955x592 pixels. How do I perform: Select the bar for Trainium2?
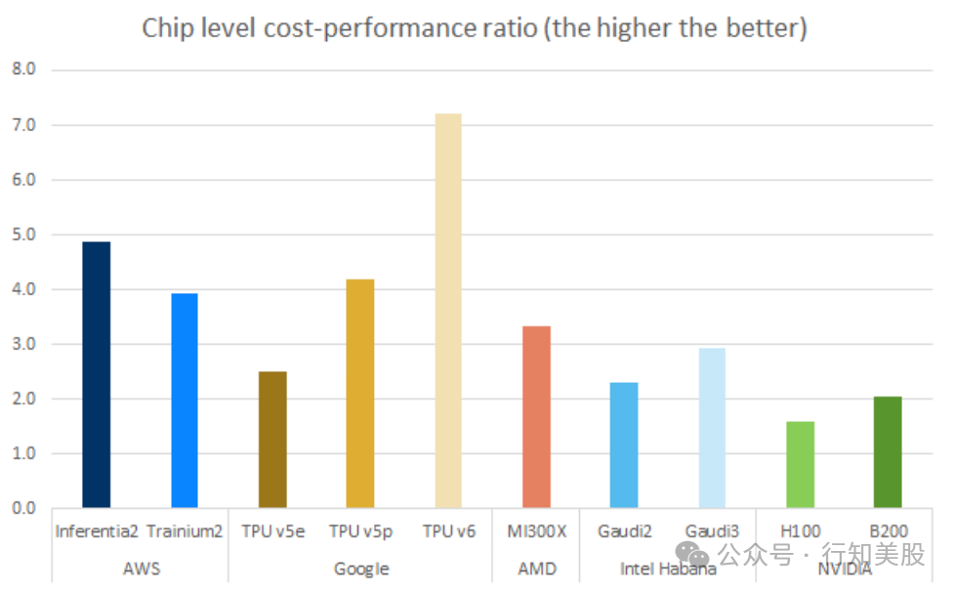pyautogui.click(x=184, y=401)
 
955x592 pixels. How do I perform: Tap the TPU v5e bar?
pyautogui.click(x=272, y=440)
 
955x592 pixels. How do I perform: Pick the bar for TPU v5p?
pyautogui.click(x=360, y=394)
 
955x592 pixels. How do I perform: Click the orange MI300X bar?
pyautogui.click(x=536, y=417)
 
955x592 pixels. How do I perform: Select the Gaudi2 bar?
pyautogui.click(x=624, y=445)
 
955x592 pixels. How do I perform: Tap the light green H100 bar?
pyautogui.click(x=800, y=465)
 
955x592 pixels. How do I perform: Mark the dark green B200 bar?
pyautogui.click(x=888, y=452)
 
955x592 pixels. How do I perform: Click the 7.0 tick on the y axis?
pyautogui.click(x=22, y=125)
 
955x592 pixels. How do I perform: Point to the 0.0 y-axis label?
pyautogui.click(x=22, y=509)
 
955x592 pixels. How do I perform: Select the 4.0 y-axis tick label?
pyautogui.click(x=22, y=290)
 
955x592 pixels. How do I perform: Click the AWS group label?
pyautogui.click(x=140, y=569)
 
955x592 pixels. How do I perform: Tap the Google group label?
pyautogui.click(x=361, y=569)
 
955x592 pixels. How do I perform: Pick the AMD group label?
pyautogui.click(x=536, y=569)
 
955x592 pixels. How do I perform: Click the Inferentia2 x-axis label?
pyautogui.click(x=96, y=532)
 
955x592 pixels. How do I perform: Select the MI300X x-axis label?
pyautogui.click(x=536, y=532)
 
